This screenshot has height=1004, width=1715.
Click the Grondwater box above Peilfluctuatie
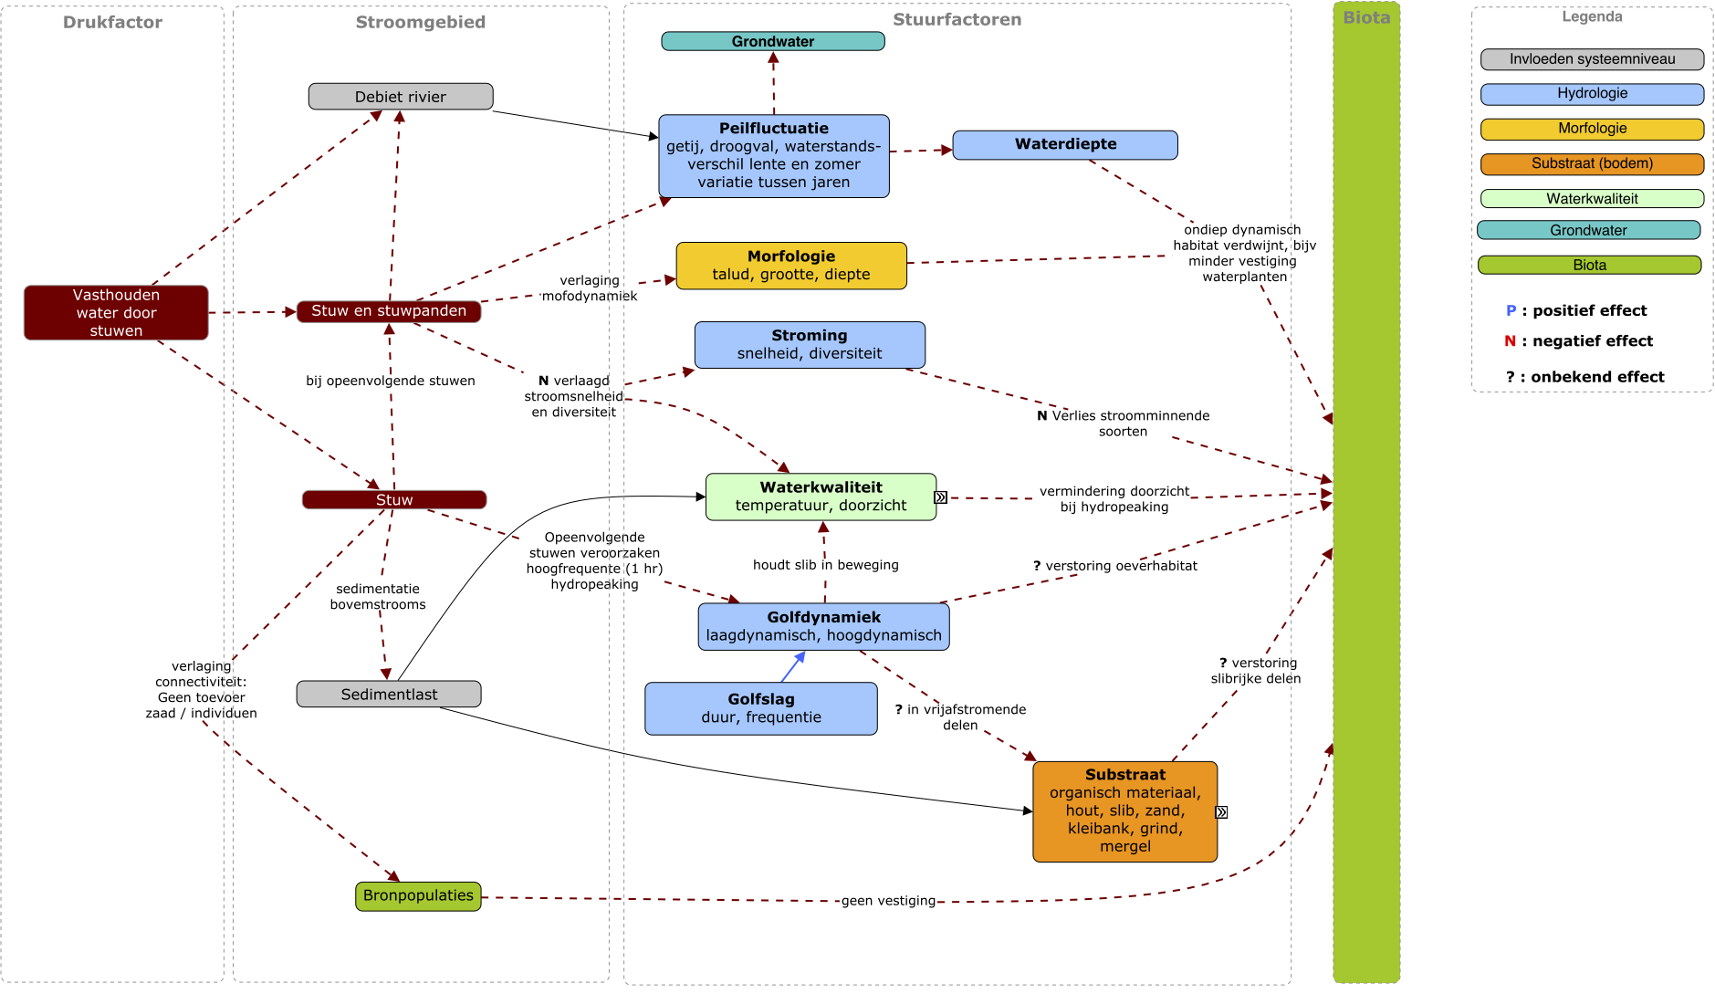(x=773, y=41)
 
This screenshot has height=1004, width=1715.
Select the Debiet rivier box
(x=401, y=97)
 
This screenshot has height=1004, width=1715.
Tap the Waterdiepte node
(x=1065, y=144)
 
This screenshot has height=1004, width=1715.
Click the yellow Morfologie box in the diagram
(x=791, y=266)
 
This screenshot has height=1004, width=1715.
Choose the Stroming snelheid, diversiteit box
(x=810, y=345)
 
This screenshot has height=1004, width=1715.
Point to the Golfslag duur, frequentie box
(x=761, y=708)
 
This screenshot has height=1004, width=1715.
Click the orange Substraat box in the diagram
(x=1125, y=811)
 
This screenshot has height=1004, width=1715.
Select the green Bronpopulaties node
(x=418, y=896)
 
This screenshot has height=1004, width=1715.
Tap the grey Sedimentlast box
(x=389, y=695)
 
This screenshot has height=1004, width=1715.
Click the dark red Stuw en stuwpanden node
(x=389, y=311)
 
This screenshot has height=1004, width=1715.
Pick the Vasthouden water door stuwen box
(x=116, y=313)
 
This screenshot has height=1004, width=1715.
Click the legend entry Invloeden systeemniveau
(x=1593, y=59)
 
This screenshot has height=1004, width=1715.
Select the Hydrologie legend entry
(x=1593, y=94)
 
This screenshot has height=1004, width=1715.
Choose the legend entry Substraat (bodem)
(x=1593, y=164)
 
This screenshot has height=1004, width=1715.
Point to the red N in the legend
(x=1511, y=341)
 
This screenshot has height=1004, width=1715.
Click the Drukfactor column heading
(x=112, y=23)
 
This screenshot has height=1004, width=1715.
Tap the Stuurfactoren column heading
(x=957, y=20)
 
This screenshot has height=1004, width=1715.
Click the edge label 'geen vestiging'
(x=888, y=901)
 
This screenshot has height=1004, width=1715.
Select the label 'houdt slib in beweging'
(x=826, y=565)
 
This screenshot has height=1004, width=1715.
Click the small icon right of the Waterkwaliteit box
(x=941, y=497)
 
